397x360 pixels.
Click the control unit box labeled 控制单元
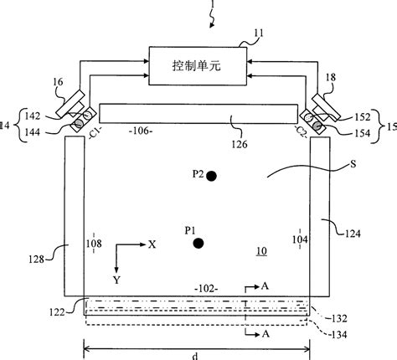click(x=198, y=64)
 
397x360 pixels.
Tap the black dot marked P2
click(x=212, y=176)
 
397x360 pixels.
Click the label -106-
click(x=116, y=130)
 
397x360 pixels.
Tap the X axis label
click(x=152, y=245)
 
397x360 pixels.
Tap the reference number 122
click(x=70, y=311)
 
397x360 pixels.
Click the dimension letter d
click(x=197, y=354)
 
